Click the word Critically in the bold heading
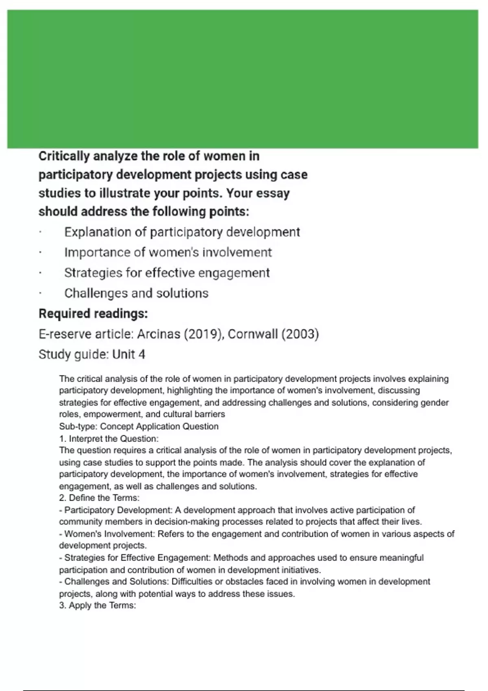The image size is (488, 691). pyautogui.click(x=64, y=156)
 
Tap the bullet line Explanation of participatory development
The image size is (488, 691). pyautogui.click(x=182, y=232)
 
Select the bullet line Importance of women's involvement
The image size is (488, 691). pyautogui.click(x=168, y=252)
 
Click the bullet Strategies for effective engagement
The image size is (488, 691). pyautogui.click(x=167, y=273)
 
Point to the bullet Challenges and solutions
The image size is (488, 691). pyautogui.click(x=136, y=293)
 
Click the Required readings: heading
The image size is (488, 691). pyautogui.click(x=93, y=314)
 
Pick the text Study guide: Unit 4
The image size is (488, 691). pyautogui.click(x=91, y=354)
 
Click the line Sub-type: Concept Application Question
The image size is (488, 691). pyautogui.click(x=139, y=426)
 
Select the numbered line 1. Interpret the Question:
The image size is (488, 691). pyautogui.click(x=109, y=439)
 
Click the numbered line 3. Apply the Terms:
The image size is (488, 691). pyautogui.click(x=98, y=605)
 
